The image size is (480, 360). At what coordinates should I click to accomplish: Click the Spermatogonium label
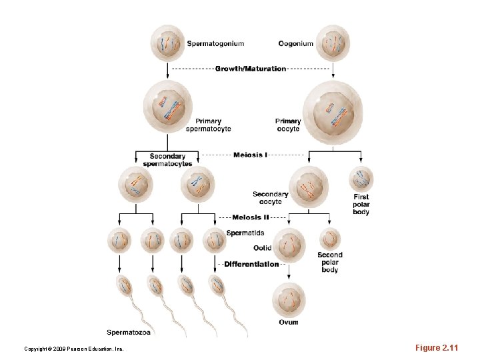coord(215,44)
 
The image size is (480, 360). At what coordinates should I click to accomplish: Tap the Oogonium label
coord(295,44)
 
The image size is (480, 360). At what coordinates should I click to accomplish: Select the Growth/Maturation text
coord(251,69)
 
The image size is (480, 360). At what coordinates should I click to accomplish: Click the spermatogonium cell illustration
coord(167,43)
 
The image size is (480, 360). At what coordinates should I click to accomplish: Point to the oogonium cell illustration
coord(332,43)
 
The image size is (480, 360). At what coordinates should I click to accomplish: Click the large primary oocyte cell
coord(332,111)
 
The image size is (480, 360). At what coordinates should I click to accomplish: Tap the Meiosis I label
coord(251,155)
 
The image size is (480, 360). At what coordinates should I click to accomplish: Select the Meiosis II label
coord(251,217)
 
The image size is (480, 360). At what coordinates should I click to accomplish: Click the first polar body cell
coord(361,179)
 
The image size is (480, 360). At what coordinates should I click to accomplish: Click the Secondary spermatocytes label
coord(167,160)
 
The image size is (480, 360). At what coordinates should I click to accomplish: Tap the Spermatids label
coord(245,233)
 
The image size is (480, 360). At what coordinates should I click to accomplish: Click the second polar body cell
coord(329,238)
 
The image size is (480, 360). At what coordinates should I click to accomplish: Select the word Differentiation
coord(251,264)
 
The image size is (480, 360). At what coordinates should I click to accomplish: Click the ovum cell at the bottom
coord(289,300)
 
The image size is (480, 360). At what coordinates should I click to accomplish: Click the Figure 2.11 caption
coord(437,348)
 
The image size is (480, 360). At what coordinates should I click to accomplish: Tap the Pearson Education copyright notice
coord(73,349)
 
